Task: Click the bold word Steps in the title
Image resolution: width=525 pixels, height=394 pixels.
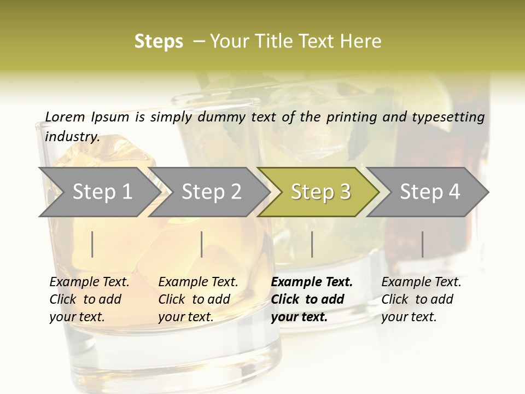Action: (x=159, y=42)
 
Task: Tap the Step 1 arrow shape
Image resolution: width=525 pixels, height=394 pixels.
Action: (x=98, y=192)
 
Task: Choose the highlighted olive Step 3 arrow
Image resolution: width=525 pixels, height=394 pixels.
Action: (x=320, y=192)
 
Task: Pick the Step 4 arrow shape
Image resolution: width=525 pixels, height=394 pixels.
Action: (x=429, y=192)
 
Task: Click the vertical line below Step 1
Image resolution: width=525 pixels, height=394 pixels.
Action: (x=92, y=244)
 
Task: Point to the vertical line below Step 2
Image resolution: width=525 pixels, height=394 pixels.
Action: (x=202, y=244)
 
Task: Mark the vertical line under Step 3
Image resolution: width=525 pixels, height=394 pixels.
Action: (x=312, y=244)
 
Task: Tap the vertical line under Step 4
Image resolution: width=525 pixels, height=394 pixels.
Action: (x=423, y=244)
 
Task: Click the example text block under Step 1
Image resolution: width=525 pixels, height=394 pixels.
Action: (x=89, y=299)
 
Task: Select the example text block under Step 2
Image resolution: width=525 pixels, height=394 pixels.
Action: (x=198, y=299)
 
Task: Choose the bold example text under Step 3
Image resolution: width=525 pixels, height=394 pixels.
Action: (x=312, y=299)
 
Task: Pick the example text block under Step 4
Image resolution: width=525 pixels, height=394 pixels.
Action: (x=421, y=299)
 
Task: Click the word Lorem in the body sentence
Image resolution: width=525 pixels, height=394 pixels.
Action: (x=65, y=117)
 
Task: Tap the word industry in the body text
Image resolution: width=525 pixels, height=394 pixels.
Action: (x=72, y=136)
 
